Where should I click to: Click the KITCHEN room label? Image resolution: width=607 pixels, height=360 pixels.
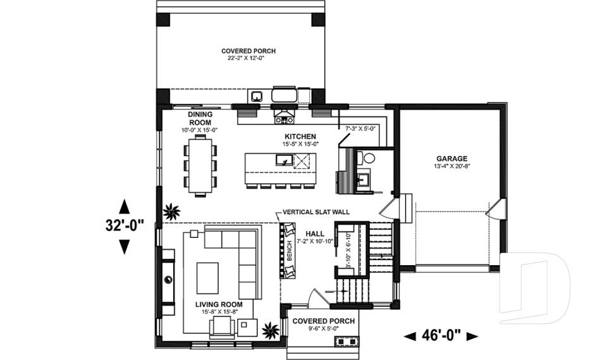(300, 137)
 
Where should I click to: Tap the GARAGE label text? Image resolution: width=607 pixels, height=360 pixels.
(451, 159)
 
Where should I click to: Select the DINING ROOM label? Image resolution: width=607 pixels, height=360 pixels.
(199, 118)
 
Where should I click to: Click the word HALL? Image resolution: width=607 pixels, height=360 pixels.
(315, 233)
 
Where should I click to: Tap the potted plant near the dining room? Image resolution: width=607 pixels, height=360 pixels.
(171, 213)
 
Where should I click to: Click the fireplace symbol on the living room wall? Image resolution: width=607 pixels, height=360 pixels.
(168, 279)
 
